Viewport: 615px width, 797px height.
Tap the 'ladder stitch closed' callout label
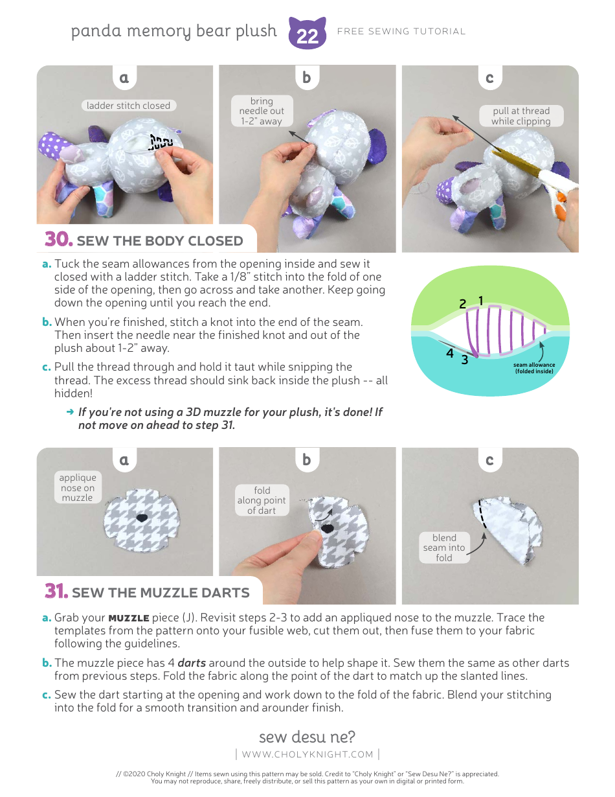(128, 106)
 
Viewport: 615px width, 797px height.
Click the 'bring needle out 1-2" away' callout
(262, 111)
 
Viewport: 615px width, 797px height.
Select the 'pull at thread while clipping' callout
(520, 116)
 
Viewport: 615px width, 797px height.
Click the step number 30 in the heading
(58, 240)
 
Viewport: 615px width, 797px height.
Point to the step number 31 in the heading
(56, 591)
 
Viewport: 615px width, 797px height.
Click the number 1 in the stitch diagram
(481, 300)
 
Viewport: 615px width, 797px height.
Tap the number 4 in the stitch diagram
(450, 354)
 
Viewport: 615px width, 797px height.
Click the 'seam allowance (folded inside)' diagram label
(534, 368)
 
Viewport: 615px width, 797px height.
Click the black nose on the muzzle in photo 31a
(142, 517)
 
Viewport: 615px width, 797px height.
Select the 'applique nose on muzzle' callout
(78, 487)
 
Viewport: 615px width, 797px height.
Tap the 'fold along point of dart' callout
(262, 500)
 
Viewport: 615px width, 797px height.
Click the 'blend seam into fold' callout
(444, 548)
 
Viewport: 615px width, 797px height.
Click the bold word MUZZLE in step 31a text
(129, 618)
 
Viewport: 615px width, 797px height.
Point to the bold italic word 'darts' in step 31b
(192, 663)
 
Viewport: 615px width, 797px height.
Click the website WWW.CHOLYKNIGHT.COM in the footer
(307, 754)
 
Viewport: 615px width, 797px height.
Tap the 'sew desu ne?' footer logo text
(307, 737)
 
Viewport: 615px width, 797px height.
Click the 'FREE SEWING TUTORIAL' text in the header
(401, 31)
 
